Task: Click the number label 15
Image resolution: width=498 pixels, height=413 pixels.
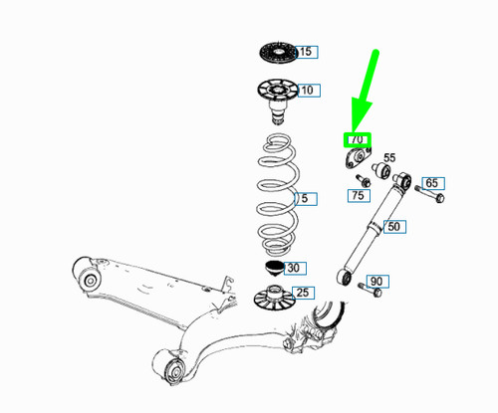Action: pyautogui.click(x=305, y=51)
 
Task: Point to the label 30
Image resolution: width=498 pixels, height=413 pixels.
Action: pyautogui.click(x=293, y=268)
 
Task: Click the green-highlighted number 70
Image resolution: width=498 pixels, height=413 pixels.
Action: pyautogui.click(x=357, y=140)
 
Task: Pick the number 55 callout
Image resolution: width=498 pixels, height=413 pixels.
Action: pyautogui.click(x=389, y=157)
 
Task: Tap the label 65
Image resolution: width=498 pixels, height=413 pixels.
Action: pyautogui.click(x=432, y=183)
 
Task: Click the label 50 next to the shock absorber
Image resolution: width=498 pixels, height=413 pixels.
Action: pyautogui.click(x=394, y=227)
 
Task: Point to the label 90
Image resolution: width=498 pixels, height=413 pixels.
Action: pyautogui.click(x=375, y=282)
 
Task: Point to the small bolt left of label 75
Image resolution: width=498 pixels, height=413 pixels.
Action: pyautogui.click(x=359, y=179)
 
